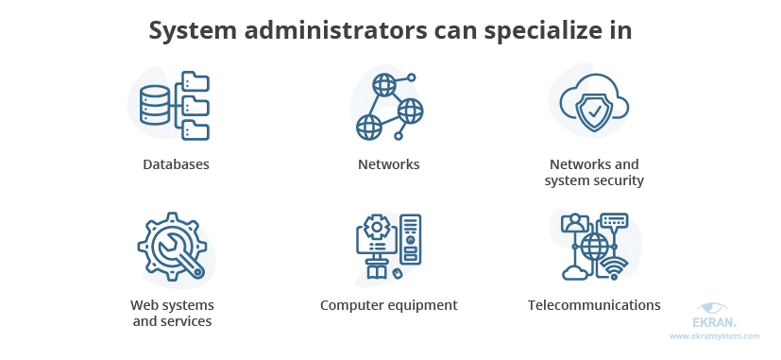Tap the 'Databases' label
pyautogui.click(x=176, y=164)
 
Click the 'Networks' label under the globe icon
pyautogui.click(x=388, y=164)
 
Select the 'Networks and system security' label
pyautogui.click(x=594, y=172)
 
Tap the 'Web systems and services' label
pyautogui.click(x=172, y=313)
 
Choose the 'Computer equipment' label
pyautogui.click(x=388, y=305)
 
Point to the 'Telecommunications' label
pyautogui.click(x=594, y=305)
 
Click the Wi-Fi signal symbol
pyautogui.click(x=616, y=268)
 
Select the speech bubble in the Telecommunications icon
pyautogui.click(x=614, y=221)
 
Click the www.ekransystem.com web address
pyautogui.click(x=715, y=335)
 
